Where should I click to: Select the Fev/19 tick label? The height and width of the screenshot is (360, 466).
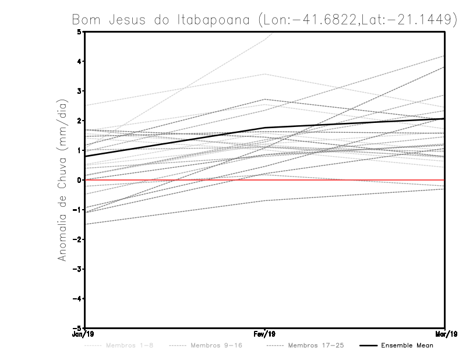[x=265, y=334]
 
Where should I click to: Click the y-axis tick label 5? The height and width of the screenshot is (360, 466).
[x=79, y=31]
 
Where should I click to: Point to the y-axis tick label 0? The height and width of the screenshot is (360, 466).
[x=79, y=180]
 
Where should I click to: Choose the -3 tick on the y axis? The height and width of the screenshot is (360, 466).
[x=77, y=269]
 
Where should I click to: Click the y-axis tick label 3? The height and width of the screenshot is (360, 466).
[x=79, y=91]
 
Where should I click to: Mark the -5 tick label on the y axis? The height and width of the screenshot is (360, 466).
[x=77, y=329]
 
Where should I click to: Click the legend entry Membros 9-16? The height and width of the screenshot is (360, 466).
[x=215, y=345]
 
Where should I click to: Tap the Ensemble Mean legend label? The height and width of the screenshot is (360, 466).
[x=407, y=345]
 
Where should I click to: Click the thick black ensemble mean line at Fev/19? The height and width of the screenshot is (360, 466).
[x=265, y=128]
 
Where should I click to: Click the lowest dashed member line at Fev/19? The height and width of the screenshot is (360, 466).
[x=265, y=200]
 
